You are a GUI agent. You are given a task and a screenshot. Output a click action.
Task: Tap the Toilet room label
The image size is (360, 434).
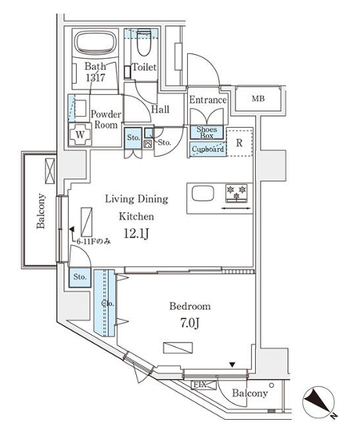144,68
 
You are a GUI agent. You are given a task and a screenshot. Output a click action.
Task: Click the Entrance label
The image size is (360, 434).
208,99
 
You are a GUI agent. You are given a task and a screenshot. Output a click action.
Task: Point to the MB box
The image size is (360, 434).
257,99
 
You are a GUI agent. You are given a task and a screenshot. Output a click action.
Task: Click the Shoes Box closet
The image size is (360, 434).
207,132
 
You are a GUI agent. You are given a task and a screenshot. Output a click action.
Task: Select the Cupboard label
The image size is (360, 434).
207,149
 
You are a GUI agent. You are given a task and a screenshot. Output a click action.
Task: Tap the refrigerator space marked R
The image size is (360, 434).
239,143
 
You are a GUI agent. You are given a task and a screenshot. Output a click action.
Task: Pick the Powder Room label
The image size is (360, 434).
105,119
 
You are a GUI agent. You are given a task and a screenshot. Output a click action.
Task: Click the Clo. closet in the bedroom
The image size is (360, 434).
105,304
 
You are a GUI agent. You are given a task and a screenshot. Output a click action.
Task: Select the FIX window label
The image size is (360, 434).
200,385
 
